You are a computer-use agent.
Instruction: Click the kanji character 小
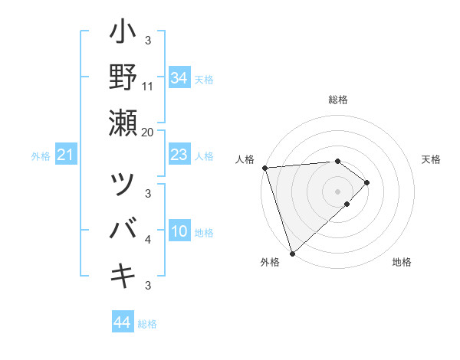pos(123,34)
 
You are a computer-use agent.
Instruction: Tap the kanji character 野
pos(123,77)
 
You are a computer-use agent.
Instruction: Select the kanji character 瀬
pos(123,123)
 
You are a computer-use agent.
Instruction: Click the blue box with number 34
pos(179,77)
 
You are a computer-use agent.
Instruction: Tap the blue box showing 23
pos(179,155)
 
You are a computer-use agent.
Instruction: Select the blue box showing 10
pos(179,232)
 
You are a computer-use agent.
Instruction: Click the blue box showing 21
pos(66,155)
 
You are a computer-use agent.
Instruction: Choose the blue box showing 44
pos(122,322)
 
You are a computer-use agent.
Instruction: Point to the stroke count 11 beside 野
pos(148,86)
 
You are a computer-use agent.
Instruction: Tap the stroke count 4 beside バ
pos(148,240)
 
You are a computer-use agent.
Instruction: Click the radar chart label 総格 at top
pos(338,100)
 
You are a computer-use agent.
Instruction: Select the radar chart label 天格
pos(432,159)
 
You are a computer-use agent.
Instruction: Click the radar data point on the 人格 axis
pos(264,168)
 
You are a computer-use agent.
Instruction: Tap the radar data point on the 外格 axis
pos(292,253)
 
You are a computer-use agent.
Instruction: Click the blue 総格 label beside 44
pos(147,324)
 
